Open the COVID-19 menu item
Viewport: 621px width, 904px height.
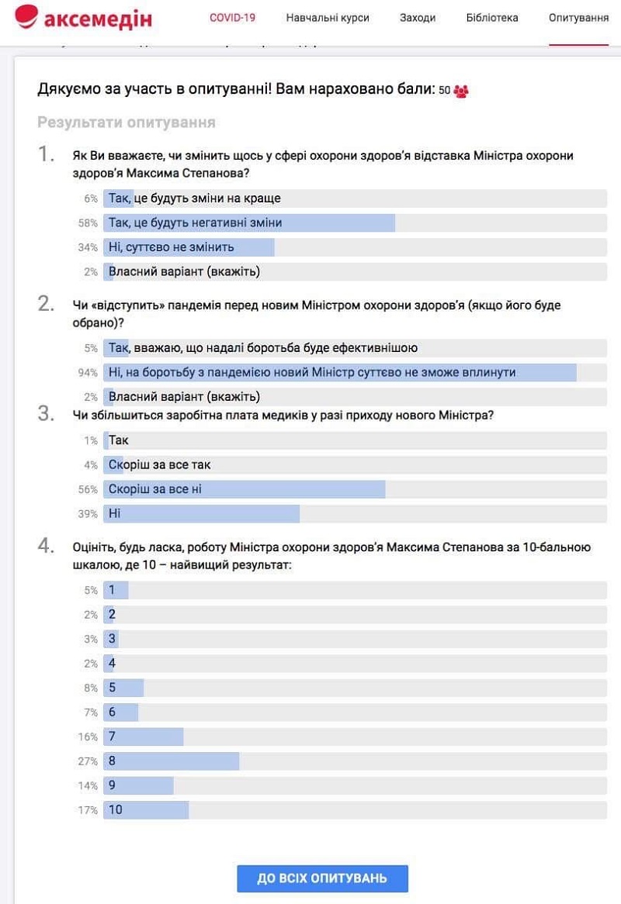232,18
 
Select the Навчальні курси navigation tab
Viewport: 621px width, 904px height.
328,18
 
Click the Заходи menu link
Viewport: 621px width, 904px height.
418,18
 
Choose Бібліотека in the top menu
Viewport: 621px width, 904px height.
492,18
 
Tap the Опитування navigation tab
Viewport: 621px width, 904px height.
578,18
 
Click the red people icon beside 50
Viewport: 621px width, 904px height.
461,91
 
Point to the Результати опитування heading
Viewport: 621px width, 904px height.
127,122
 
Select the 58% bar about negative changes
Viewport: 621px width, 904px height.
249,223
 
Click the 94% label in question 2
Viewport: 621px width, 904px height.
88,373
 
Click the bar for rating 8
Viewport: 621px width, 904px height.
172,761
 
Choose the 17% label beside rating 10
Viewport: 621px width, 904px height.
88,810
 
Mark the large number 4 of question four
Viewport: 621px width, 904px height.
46,546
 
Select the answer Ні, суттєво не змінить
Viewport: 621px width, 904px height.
172,247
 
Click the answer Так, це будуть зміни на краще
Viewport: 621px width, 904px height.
195,198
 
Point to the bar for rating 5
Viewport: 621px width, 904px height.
123,688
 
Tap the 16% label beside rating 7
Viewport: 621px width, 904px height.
88,737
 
